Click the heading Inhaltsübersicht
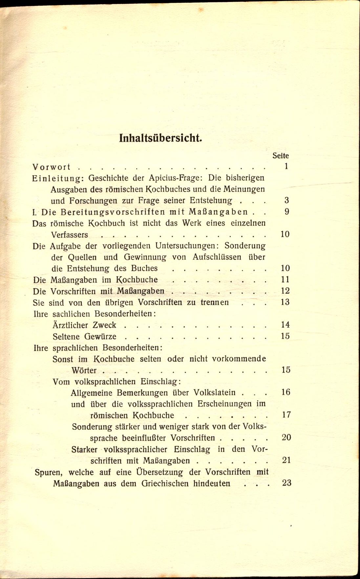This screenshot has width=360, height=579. point(160,138)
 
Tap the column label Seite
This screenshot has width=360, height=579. point(280,155)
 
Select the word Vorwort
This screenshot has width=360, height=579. point(51,167)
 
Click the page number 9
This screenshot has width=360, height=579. point(286,212)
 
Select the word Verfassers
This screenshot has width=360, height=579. point(70,235)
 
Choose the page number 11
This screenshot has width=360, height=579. point(285,279)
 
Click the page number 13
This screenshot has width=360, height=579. point(285,302)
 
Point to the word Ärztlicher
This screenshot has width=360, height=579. point(70,325)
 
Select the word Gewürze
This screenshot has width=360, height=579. point(100,337)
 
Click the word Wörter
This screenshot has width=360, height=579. point(84,370)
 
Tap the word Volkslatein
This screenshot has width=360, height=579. point(214,393)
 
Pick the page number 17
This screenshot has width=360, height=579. point(286,415)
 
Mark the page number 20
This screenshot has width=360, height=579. point(286,437)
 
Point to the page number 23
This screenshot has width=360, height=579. point(286,483)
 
